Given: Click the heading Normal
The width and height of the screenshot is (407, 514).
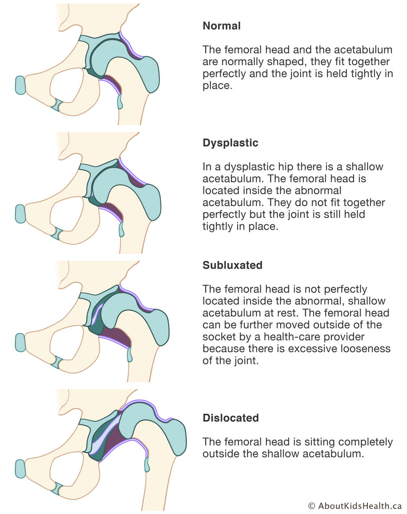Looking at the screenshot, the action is pos(221,26).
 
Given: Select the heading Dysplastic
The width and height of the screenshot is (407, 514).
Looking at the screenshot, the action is pos(230,143).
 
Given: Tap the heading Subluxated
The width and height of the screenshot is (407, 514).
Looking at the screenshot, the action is pos(232,265).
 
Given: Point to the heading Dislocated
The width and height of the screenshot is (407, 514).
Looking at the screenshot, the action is pos(231,418).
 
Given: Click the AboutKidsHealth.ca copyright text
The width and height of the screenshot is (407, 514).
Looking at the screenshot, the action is pos(355,505).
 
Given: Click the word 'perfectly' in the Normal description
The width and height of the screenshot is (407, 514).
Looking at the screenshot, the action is pos(224,74).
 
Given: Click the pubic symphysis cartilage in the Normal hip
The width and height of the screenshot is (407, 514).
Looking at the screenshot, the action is pos(20,85).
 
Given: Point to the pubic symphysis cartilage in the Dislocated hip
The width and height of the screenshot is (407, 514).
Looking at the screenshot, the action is pos(20,469).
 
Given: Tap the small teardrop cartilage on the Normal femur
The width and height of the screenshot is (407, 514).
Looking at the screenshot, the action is pos(120,102).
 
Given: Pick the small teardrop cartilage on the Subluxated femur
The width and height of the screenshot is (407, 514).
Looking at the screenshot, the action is pos(129,355).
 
